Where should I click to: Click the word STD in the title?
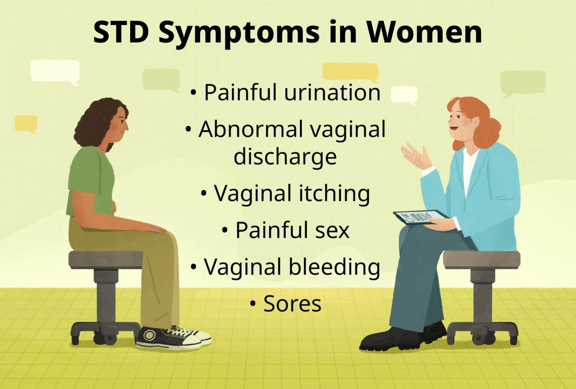point(121,32)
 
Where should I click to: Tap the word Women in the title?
point(424,32)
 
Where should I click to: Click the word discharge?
point(285,157)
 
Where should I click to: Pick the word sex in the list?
point(332,231)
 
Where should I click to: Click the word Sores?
point(292,304)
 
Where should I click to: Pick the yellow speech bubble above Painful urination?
point(350,72)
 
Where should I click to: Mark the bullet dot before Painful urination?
point(193,93)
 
